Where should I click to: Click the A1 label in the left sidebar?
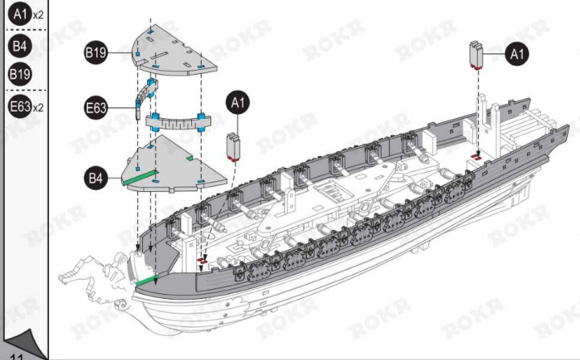point(20,14)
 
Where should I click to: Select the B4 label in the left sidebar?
point(20,46)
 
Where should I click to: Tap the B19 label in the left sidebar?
point(20,74)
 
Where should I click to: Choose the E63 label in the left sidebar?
point(20,106)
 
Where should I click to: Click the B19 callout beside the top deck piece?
point(96,52)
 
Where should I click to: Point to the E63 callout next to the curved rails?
point(96,108)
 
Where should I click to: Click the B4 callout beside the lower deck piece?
point(96,178)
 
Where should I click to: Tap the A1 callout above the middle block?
point(238,103)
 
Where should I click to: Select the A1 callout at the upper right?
point(517,54)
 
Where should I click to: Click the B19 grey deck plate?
point(174,50)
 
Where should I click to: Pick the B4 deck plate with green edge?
point(174,164)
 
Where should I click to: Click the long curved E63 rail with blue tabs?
point(178,121)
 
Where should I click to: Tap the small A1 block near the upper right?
point(477,55)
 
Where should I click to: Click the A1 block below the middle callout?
point(234,147)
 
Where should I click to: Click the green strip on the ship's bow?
point(148,280)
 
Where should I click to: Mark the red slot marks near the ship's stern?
point(476,157)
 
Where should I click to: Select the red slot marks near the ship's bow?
point(202,261)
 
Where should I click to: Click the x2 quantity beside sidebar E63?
point(38,108)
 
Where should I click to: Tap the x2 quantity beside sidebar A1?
point(38,15)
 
